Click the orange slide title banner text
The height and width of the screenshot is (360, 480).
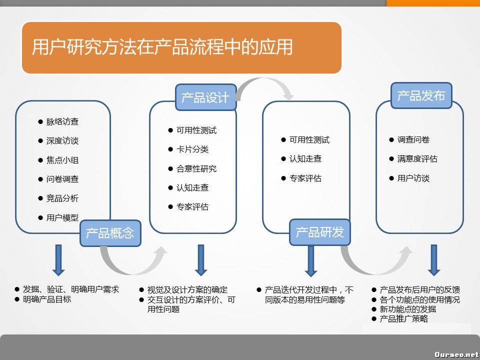(162, 47)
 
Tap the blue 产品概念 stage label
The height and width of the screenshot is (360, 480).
(110, 233)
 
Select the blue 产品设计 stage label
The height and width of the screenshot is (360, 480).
(205, 97)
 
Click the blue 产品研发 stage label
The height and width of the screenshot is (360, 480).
(320, 232)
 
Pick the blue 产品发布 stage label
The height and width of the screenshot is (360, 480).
(421, 95)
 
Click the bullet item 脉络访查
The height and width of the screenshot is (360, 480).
(62, 122)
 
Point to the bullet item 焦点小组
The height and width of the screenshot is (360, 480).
(62, 160)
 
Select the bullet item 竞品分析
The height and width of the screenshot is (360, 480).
(62, 198)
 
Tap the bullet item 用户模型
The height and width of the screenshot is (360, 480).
(62, 217)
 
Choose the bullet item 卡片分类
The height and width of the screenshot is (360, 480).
(192, 149)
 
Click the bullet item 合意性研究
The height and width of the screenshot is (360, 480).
(196, 168)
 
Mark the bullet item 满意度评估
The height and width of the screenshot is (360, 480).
(417, 159)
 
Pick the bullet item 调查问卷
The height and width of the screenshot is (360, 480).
(413, 140)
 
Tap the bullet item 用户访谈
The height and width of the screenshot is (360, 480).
(413, 178)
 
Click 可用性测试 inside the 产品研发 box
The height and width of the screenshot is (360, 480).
(309, 140)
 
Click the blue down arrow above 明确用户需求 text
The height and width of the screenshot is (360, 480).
(58, 260)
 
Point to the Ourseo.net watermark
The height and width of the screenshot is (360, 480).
(456, 354)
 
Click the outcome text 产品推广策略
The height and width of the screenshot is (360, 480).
(404, 318)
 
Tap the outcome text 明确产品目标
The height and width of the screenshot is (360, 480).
(47, 299)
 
